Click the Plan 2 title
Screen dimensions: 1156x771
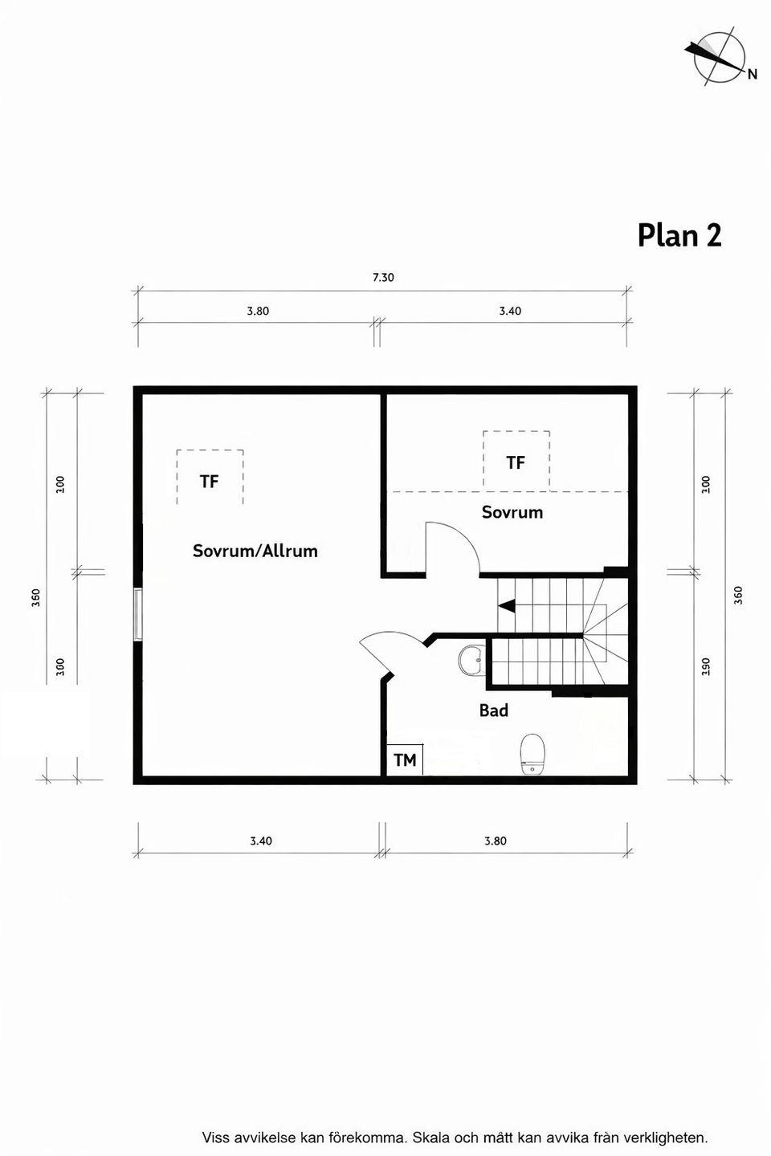(679, 235)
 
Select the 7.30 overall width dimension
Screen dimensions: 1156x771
(383, 278)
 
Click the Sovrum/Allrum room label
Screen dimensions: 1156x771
(255, 551)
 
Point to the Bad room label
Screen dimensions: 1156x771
(493, 710)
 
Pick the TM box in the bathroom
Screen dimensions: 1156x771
(405, 759)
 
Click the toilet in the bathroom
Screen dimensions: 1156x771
(532, 753)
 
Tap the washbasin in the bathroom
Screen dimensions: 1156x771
(471, 661)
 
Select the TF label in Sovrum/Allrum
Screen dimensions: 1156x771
(209, 482)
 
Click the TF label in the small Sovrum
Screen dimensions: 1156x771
(516, 462)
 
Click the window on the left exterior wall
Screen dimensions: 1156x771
(138, 614)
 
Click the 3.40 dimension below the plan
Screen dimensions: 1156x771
(261, 841)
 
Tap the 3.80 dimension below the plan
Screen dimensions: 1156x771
(496, 841)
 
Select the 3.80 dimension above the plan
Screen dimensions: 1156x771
(258, 311)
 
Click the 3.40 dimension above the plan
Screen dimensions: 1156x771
(510, 311)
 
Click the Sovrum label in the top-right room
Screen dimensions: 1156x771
(512, 512)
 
